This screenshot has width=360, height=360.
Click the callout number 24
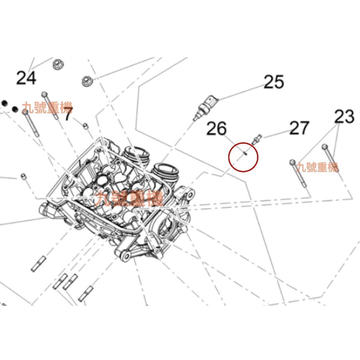(26, 78)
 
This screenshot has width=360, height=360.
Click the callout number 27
(299, 128)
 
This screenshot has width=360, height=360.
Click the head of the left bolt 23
(292, 162)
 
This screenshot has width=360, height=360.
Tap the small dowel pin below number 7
(85, 126)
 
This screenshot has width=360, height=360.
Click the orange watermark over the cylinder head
(129, 199)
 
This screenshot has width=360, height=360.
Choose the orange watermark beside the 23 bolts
(317, 167)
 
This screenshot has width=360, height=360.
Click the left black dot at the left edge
(5, 103)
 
